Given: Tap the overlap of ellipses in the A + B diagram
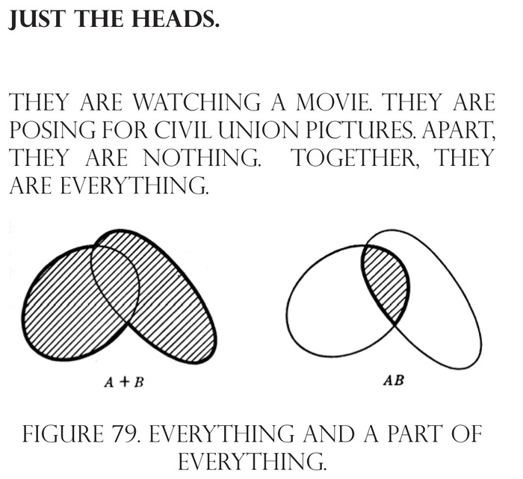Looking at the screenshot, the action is click(117, 279).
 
